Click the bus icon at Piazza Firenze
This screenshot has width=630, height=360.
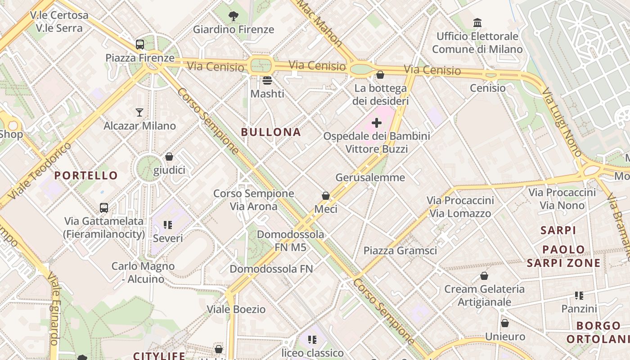click(140, 45)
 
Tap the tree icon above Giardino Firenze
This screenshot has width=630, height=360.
click(233, 17)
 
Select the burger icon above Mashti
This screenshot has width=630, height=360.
click(267, 81)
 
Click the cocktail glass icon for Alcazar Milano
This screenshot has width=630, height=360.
click(139, 112)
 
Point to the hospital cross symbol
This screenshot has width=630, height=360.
click(377, 122)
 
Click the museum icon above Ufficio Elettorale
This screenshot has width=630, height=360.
click(477, 23)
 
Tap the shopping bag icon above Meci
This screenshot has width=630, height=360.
click(326, 196)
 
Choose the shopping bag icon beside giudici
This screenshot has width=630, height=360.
click(169, 157)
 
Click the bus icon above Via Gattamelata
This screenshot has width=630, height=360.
click(104, 208)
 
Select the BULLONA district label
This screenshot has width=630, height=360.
click(271, 132)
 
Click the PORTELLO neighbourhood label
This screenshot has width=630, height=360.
click(86, 175)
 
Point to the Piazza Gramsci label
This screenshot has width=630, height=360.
click(400, 251)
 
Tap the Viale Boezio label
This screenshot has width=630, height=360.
click(236, 310)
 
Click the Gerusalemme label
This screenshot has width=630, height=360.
click(370, 177)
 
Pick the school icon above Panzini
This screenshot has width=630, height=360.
click(579, 296)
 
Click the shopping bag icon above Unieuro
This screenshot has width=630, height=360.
click(505, 323)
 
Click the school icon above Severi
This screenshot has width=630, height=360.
click(168, 225)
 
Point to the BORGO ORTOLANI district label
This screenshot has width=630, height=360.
click(598, 332)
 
